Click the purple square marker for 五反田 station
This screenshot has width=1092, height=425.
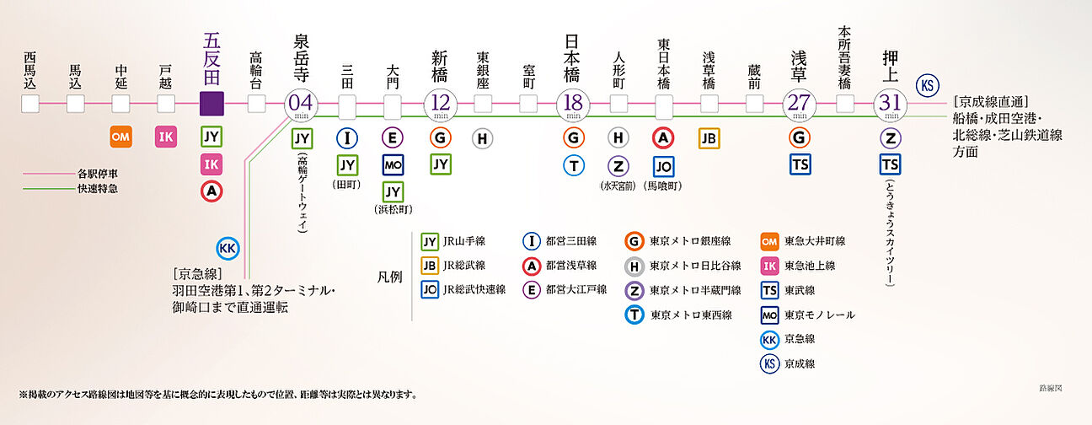[211, 104]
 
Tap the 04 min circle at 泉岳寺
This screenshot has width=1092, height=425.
[302, 104]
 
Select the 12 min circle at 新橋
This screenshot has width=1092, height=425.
[438, 104]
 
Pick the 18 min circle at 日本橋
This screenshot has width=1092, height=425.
[574, 104]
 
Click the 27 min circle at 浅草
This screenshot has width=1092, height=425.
[800, 104]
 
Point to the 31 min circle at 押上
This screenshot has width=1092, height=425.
[890, 104]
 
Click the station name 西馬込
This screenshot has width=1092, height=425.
[30, 69]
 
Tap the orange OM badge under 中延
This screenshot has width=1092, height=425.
[121, 137]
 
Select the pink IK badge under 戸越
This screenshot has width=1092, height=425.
[166, 137]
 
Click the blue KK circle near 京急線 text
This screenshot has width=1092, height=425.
[227, 248]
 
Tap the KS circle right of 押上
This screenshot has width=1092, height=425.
[928, 85]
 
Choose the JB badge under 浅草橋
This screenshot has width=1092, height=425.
[709, 137]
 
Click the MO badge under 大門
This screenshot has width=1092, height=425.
[393, 164]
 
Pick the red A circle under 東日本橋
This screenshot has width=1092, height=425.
[664, 137]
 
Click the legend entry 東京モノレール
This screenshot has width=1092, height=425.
[817, 315]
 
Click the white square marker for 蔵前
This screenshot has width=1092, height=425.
[754, 104]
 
